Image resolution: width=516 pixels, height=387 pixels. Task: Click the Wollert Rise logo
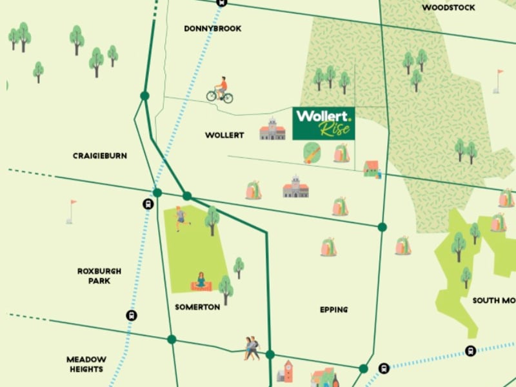[323, 123]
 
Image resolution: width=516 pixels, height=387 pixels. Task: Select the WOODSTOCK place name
[448, 8]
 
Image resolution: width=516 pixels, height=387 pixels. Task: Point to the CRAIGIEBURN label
[100, 155]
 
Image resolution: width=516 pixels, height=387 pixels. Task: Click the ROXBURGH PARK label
[99, 276]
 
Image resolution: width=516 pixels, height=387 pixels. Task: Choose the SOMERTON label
[197, 307]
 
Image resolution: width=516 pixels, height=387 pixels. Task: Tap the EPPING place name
[333, 310]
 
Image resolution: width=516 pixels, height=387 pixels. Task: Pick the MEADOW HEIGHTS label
[86, 364]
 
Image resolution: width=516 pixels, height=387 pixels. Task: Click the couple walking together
[252, 348]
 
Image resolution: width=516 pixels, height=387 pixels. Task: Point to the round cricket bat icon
[312, 154]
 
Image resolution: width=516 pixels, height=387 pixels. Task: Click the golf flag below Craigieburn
[70, 211]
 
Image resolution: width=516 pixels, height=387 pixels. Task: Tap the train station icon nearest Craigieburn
[148, 204]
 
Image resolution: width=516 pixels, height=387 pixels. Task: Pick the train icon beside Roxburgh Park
[132, 315]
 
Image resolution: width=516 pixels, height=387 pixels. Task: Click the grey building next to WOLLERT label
[272, 129]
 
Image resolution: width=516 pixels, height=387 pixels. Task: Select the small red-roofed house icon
[371, 169]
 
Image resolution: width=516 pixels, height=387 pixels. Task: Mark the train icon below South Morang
[470, 351]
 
